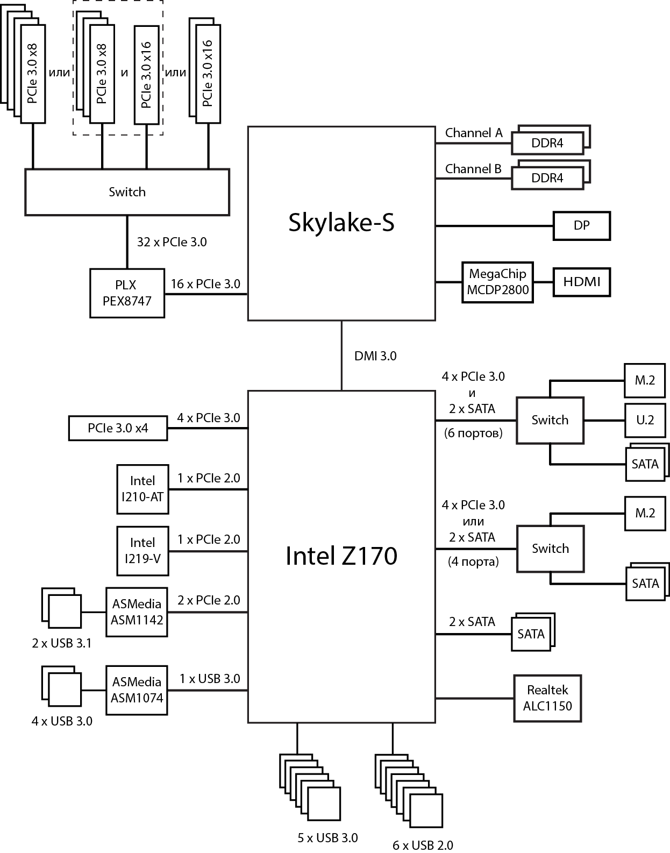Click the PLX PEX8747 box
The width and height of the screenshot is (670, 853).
(x=127, y=293)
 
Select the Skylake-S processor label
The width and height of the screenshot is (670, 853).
(x=341, y=222)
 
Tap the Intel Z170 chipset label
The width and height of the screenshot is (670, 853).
(x=341, y=556)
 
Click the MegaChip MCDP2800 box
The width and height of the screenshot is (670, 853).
(x=497, y=282)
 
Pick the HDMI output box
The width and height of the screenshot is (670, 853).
(x=582, y=281)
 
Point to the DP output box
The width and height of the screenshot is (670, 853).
(x=582, y=225)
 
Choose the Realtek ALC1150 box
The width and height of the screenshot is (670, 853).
(x=547, y=698)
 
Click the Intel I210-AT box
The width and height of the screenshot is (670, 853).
(x=142, y=489)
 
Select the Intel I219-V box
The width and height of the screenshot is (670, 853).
(x=142, y=551)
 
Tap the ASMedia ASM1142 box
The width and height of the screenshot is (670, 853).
(x=137, y=612)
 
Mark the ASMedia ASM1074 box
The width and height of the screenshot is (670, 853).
(x=137, y=689)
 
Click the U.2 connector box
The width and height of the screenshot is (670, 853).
(x=645, y=420)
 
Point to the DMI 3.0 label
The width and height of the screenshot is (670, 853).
(x=375, y=356)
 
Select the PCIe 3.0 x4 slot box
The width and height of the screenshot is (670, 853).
(x=118, y=428)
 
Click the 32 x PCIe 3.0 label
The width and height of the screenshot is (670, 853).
(x=172, y=242)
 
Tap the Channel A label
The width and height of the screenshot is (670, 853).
(x=474, y=133)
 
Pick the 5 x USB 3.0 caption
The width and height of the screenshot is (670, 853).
(x=327, y=837)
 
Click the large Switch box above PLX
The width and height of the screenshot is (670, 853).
(x=127, y=192)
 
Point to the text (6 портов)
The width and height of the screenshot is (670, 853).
(x=473, y=433)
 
